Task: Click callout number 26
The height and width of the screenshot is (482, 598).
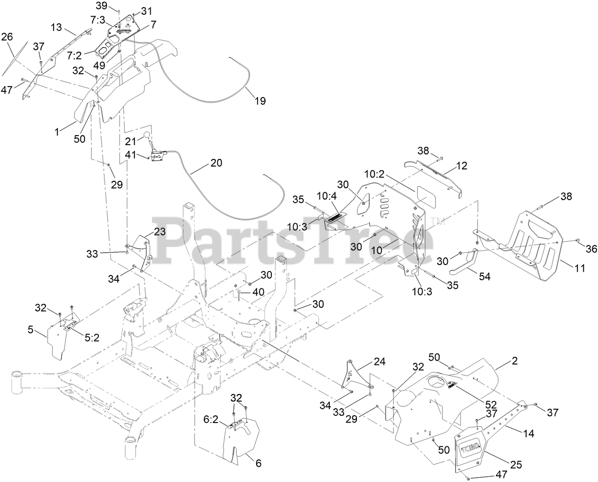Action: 8,37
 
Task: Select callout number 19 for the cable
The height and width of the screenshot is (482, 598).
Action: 260,101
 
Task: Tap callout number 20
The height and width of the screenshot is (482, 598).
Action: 216,163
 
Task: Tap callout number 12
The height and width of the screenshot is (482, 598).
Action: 461,166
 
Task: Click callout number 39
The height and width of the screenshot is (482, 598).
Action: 102,5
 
